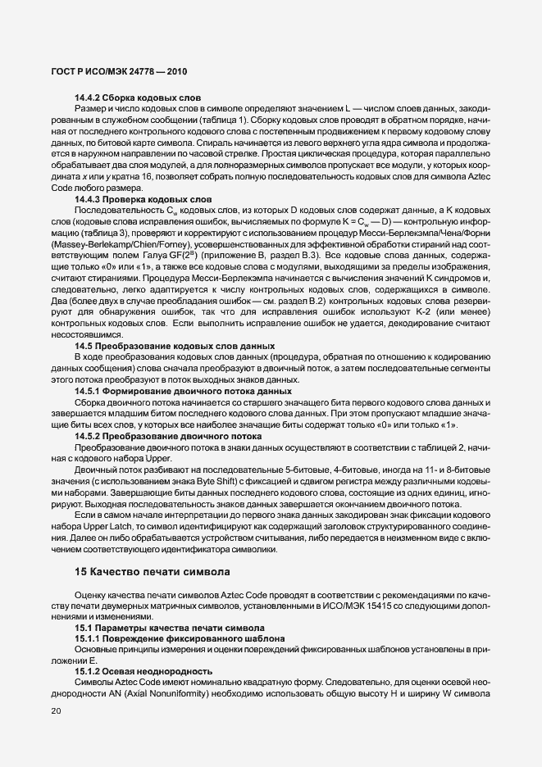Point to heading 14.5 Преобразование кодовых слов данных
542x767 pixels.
coord(174,347)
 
